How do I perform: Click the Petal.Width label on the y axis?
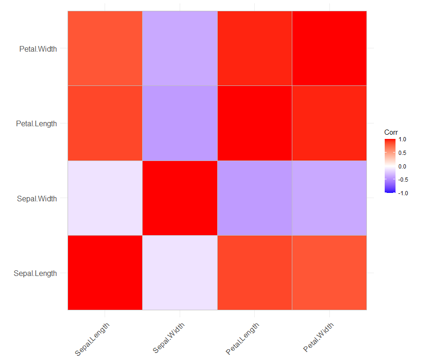click(38, 48)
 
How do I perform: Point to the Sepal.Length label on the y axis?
click(36, 273)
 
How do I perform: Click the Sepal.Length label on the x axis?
click(92, 338)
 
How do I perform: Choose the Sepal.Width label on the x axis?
click(169, 337)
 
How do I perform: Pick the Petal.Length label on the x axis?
click(242, 338)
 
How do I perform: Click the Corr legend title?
click(391, 132)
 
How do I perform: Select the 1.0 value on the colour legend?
click(403, 139)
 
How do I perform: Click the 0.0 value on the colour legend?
click(403, 166)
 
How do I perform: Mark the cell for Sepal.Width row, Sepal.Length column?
click(105, 198)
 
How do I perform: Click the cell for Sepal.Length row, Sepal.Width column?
click(180, 273)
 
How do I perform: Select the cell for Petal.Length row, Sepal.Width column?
click(180, 123)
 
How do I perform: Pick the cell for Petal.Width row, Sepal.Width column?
click(180, 48)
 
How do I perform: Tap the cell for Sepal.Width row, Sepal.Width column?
click(180, 198)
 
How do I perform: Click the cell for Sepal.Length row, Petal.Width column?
click(329, 273)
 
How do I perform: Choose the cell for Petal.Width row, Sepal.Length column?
click(105, 48)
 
